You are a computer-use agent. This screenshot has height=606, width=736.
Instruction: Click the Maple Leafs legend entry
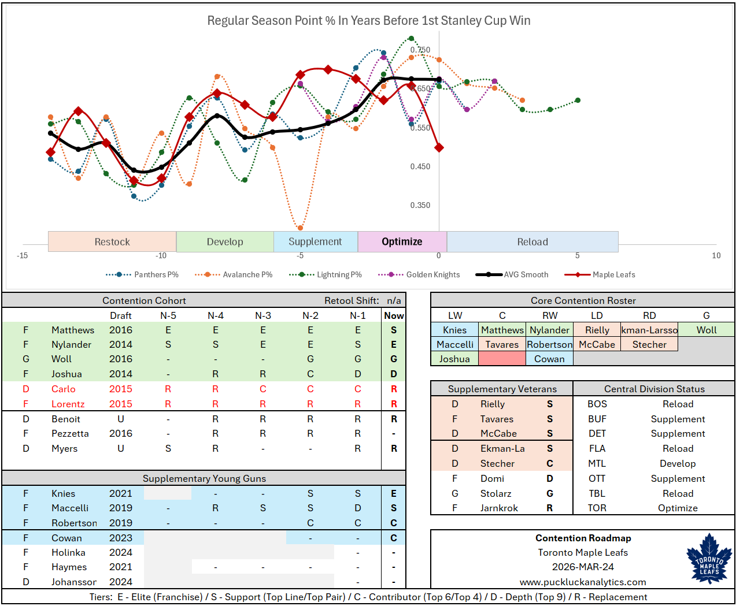pyautogui.click(x=613, y=274)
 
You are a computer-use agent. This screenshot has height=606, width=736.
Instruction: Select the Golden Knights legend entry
pyautogui.click(x=432, y=274)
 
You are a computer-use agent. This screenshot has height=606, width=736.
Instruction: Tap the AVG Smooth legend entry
pyautogui.click(x=526, y=274)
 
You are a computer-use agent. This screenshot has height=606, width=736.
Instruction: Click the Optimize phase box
pyautogui.click(x=402, y=241)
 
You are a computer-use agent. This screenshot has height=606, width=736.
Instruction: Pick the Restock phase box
pyautogui.click(x=112, y=241)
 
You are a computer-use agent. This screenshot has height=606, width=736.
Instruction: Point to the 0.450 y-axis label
pyautogui.click(x=420, y=166)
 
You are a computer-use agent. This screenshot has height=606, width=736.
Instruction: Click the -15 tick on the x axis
pyautogui.click(x=22, y=255)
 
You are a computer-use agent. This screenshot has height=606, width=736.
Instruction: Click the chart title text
pyautogui.click(x=368, y=21)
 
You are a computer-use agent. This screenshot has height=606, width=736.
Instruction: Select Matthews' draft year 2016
pyautogui.click(x=121, y=330)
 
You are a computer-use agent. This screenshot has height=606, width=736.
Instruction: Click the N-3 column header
pyautogui.click(x=263, y=315)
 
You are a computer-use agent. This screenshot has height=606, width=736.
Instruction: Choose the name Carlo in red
pyautogui.click(x=64, y=389)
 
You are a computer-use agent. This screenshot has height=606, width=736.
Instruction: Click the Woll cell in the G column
pyautogui.click(x=706, y=330)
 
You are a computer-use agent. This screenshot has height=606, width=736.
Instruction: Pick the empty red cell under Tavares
pyautogui.click(x=502, y=359)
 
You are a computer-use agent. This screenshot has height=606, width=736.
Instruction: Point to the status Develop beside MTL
pyautogui.click(x=678, y=463)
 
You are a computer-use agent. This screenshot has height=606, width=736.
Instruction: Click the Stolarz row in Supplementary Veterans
pyautogui.click(x=496, y=493)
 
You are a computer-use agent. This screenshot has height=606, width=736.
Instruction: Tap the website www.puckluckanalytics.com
pyautogui.click(x=583, y=582)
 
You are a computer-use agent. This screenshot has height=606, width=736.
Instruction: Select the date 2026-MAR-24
pyautogui.click(x=583, y=567)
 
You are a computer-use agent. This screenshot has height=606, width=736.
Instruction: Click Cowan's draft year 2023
pyautogui.click(x=121, y=538)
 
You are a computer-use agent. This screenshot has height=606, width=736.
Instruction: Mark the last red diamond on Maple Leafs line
pyautogui.click(x=439, y=148)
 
